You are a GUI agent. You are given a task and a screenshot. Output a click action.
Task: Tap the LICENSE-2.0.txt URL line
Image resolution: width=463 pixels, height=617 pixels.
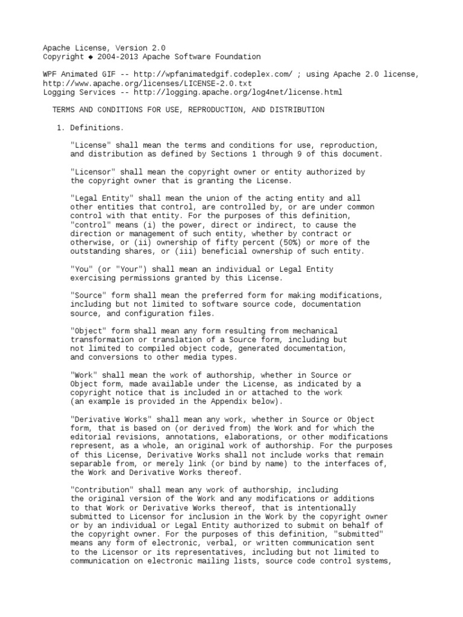click(147, 83)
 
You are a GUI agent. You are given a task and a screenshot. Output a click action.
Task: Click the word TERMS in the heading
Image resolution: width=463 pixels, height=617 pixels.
click(65, 110)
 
